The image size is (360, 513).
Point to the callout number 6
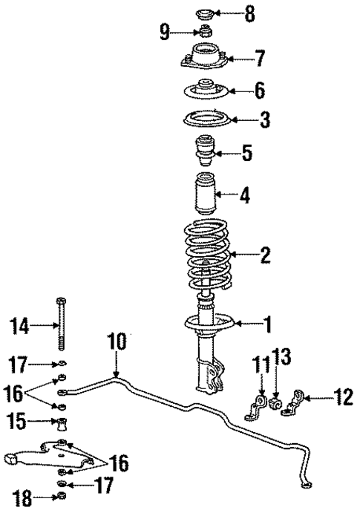tap(258, 92)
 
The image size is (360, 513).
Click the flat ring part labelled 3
tap(205, 120)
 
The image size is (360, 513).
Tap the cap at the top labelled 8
tap(204, 13)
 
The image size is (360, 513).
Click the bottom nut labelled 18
tap(62, 497)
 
